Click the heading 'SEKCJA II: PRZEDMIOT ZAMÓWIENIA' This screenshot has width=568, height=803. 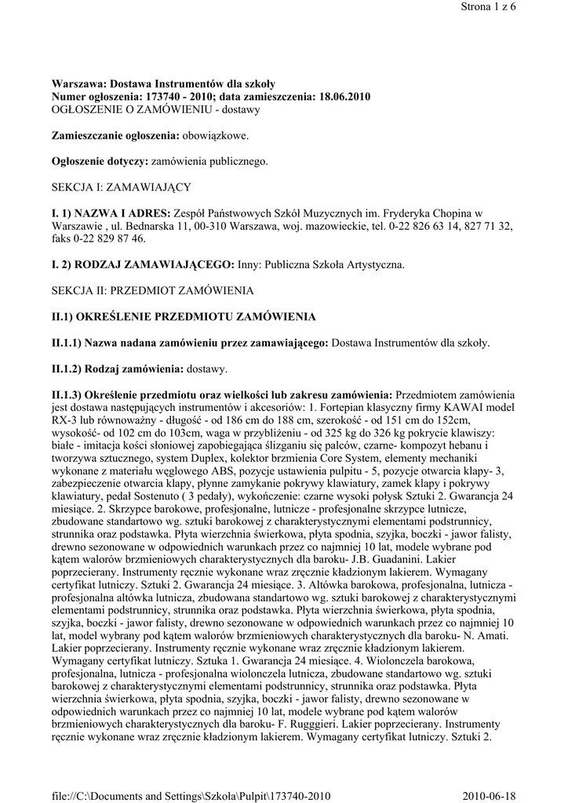[153, 290]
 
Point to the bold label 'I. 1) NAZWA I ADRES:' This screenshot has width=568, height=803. [111, 213]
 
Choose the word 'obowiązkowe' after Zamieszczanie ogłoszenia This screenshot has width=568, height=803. [215, 136]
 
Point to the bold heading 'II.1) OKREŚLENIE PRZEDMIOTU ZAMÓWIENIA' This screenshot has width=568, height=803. [184, 316]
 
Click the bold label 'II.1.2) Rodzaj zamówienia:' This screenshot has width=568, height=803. [117, 368]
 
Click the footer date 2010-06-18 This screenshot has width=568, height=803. [504, 794]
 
